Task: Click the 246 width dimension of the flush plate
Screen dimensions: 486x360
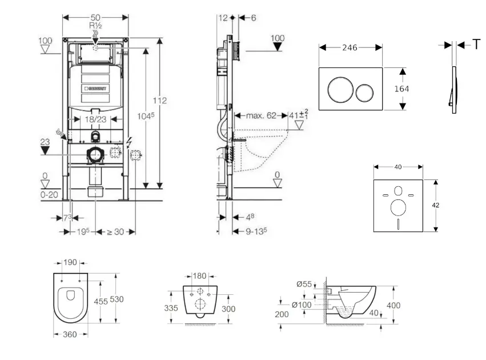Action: point(350,47)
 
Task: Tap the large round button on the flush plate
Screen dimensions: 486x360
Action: point(340,90)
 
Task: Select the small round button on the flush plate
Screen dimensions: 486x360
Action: point(364,93)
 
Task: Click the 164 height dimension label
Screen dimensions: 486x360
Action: point(401,89)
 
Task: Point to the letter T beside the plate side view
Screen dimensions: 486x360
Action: point(476,45)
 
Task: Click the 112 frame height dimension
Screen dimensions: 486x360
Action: point(160,101)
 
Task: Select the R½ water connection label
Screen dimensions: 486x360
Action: point(95,25)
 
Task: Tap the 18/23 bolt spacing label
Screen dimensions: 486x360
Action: point(95,119)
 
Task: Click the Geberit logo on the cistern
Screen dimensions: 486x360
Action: point(95,89)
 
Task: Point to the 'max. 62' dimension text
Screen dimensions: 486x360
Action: point(261,115)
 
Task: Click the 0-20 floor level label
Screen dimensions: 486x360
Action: point(49,195)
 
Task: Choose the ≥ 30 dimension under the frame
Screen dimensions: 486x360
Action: point(115,231)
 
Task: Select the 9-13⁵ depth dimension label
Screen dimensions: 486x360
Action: point(256,231)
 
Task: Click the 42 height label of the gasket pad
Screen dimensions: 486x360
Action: point(436,205)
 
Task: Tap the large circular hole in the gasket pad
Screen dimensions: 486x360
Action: point(398,207)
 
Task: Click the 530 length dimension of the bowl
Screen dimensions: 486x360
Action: point(117,299)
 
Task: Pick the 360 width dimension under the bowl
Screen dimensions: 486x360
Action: point(70,334)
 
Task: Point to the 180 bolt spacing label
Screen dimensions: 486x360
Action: point(199,275)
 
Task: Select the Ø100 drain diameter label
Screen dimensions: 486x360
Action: point(302,305)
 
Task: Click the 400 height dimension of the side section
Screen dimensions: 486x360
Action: point(393,305)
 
